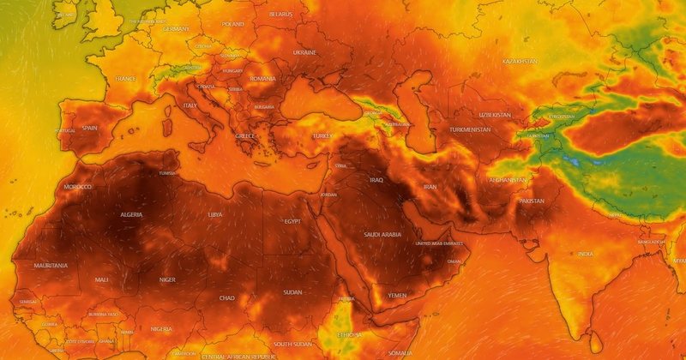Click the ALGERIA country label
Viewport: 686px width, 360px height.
(x=131, y=214)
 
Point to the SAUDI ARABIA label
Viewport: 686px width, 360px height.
(x=382, y=235)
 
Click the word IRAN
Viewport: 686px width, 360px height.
(x=430, y=187)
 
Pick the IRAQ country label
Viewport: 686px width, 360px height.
(x=376, y=181)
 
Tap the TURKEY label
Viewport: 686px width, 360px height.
(x=322, y=136)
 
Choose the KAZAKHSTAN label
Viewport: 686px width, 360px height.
(x=520, y=63)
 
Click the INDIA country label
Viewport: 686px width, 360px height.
(x=585, y=254)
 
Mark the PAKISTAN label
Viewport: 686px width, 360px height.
(x=532, y=201)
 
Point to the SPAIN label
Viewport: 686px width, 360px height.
(x=90, y=128)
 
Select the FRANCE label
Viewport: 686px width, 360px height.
(x=125, y=79)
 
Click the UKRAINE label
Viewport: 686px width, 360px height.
(x=304, y=52)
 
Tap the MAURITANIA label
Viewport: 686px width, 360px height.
(x=51, y=266)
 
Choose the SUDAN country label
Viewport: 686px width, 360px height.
(x=293, y=291)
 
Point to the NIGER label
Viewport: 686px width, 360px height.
(x=167, y=279)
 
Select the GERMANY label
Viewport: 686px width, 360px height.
(x=176, y=29)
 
